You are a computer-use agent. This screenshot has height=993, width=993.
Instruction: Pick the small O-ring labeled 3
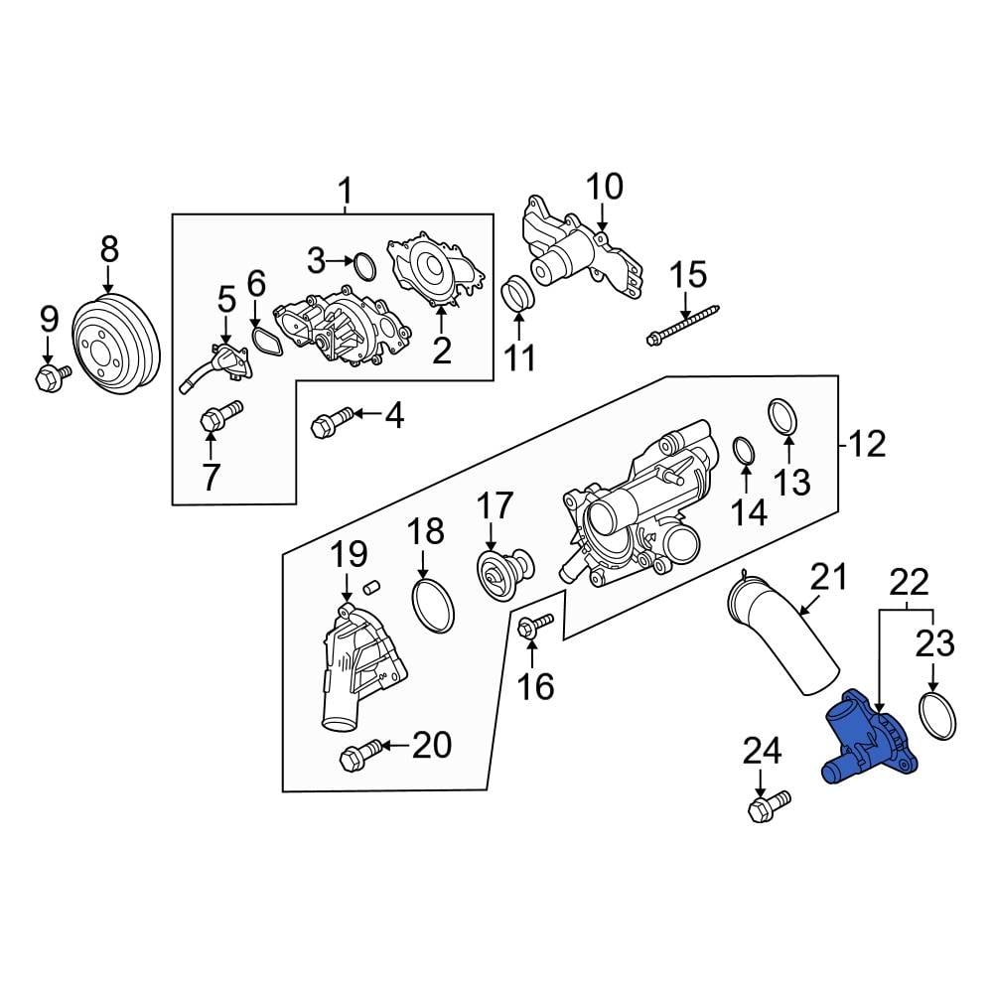pos(365,265)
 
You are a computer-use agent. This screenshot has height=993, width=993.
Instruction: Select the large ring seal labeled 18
pos(433,604)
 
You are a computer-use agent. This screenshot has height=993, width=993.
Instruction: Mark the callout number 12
pos(867,444)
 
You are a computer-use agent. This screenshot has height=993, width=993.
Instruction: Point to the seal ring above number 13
pos(783,418)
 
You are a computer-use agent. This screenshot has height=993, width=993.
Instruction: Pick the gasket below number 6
pos(264,341)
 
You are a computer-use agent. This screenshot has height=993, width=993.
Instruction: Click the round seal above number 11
pos(518,294)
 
